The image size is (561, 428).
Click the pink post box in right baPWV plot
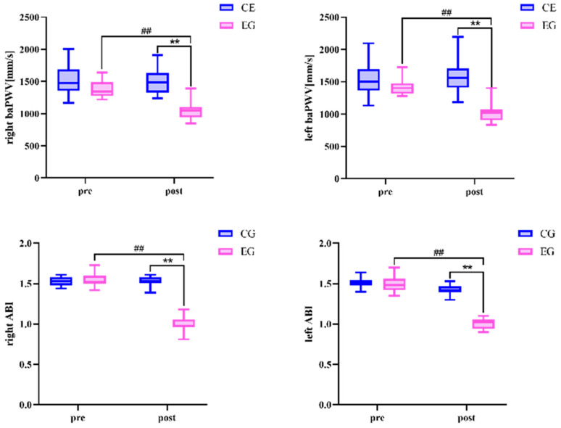pos(191,112)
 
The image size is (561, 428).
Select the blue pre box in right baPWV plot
pos(69,80)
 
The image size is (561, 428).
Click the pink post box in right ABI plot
pos(183,324)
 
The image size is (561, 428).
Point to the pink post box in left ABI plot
pos(483,324)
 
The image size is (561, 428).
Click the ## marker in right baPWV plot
pos(146,30)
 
